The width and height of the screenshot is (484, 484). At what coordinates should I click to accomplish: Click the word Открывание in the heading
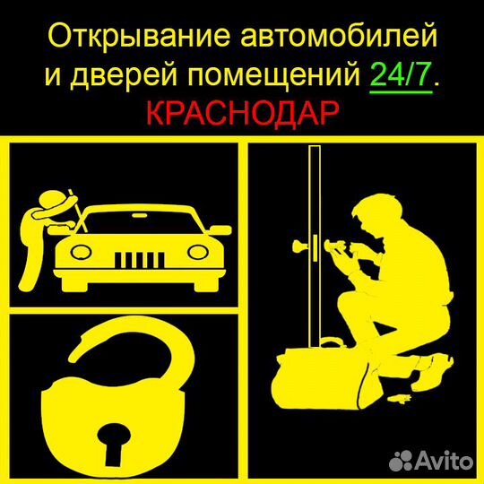[x=131, y=37]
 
